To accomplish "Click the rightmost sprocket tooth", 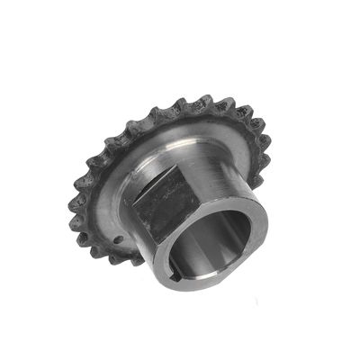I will (x=268, y=144).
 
